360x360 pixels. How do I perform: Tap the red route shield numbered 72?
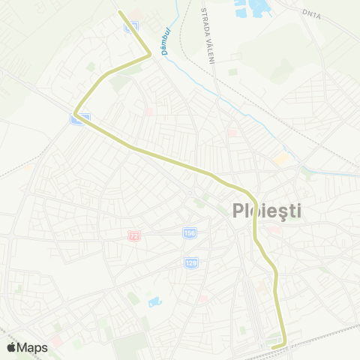[134, 235]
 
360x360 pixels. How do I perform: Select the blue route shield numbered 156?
[190, 234]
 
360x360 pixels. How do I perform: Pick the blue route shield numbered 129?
[190, 262]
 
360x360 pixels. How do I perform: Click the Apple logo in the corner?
[11, 347]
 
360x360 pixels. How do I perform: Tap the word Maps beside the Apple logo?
[33, 347]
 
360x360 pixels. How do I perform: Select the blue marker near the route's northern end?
[130, 27]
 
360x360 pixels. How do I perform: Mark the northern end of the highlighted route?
[120, 12]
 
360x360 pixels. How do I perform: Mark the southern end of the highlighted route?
[274, 346]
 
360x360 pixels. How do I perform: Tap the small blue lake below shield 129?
[154, 301]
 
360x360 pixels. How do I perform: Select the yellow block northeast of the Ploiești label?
[281, 159]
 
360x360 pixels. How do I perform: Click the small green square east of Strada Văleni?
[232, 72]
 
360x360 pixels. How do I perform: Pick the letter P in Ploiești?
[233, 211]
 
